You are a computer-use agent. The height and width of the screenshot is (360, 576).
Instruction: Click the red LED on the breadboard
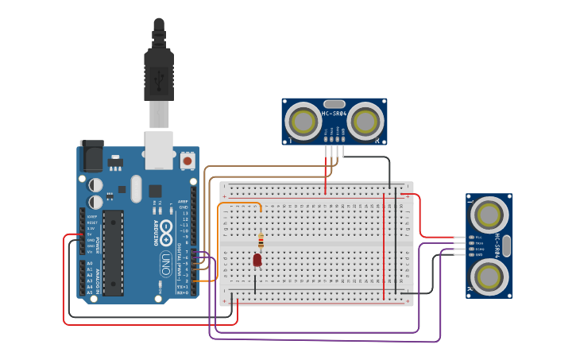(257, 260)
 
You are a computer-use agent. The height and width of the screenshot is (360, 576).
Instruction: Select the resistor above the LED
(261, 240)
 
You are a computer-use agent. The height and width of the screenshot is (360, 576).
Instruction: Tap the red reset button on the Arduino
(187, 161)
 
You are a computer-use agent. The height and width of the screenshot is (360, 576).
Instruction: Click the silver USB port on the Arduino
(159, 150)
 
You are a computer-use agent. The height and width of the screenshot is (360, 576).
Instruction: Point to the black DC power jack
(91, 155)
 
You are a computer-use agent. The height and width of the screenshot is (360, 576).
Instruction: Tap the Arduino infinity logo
(167, 230)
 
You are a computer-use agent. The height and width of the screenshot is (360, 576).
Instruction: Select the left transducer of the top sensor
(303, 122)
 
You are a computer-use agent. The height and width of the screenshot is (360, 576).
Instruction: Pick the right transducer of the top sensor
(365, 122)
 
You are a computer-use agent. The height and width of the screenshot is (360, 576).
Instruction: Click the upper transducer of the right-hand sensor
(489, 214)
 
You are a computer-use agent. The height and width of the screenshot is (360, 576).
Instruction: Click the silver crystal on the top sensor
(334, 103)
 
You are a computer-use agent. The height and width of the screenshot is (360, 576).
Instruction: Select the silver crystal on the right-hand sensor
(506, 246)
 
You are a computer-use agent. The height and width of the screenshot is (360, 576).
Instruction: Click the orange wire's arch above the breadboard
(240, 204)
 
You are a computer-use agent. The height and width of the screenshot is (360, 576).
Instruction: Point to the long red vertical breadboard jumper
(384, 246)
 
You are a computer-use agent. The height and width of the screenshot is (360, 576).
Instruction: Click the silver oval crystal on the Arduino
(135, 188)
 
